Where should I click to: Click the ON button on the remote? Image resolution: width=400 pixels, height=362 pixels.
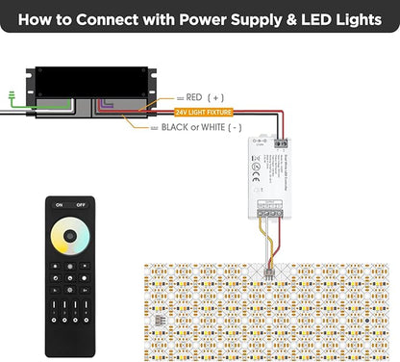60,205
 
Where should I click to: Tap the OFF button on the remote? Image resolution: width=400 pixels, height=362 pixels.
80,205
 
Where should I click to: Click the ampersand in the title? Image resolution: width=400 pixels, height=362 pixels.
297,18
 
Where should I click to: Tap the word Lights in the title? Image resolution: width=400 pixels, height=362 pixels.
354,18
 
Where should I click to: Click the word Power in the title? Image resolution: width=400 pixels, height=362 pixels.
197,18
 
